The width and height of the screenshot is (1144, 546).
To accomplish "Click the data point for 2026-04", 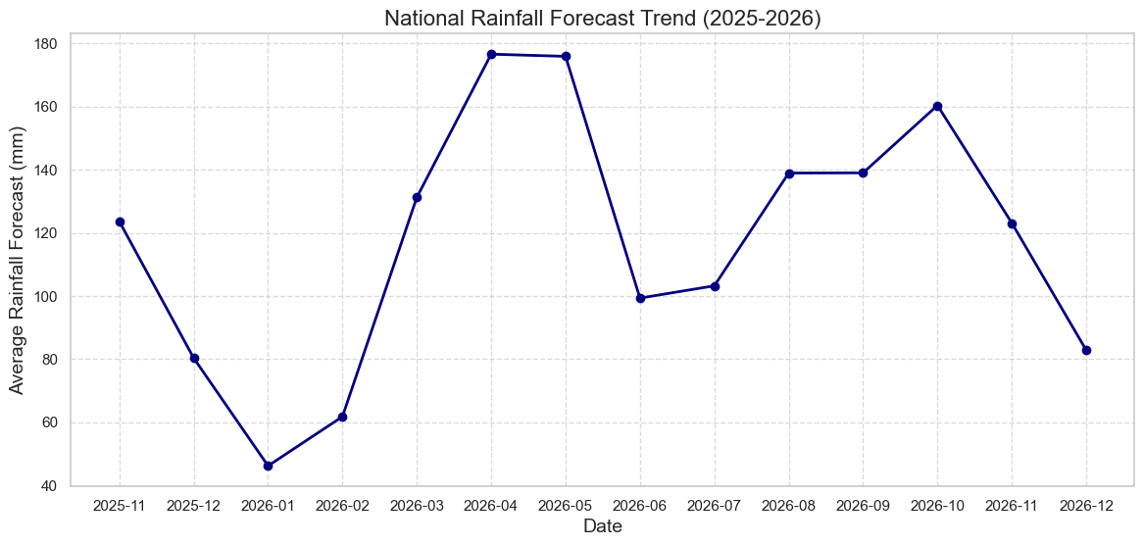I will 491,54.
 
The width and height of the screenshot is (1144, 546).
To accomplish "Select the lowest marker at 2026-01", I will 268,466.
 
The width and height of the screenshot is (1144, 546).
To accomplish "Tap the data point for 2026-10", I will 937,106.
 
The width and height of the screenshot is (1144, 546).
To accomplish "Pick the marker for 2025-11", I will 120,222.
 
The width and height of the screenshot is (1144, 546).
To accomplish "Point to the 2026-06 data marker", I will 640,298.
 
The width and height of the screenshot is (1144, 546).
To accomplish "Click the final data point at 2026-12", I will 1086,350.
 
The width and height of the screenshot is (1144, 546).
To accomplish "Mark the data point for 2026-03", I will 417,197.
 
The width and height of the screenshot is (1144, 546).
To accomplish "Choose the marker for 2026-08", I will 789,174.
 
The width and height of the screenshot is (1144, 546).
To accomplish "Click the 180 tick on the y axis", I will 48,44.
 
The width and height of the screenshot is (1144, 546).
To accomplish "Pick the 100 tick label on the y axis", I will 48,297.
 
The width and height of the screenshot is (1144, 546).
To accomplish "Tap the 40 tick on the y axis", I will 52,486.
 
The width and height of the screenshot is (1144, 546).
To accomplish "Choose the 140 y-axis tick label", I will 48,171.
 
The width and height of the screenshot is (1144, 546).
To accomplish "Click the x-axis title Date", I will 602,526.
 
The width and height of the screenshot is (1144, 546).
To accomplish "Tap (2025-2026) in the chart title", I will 762,18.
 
